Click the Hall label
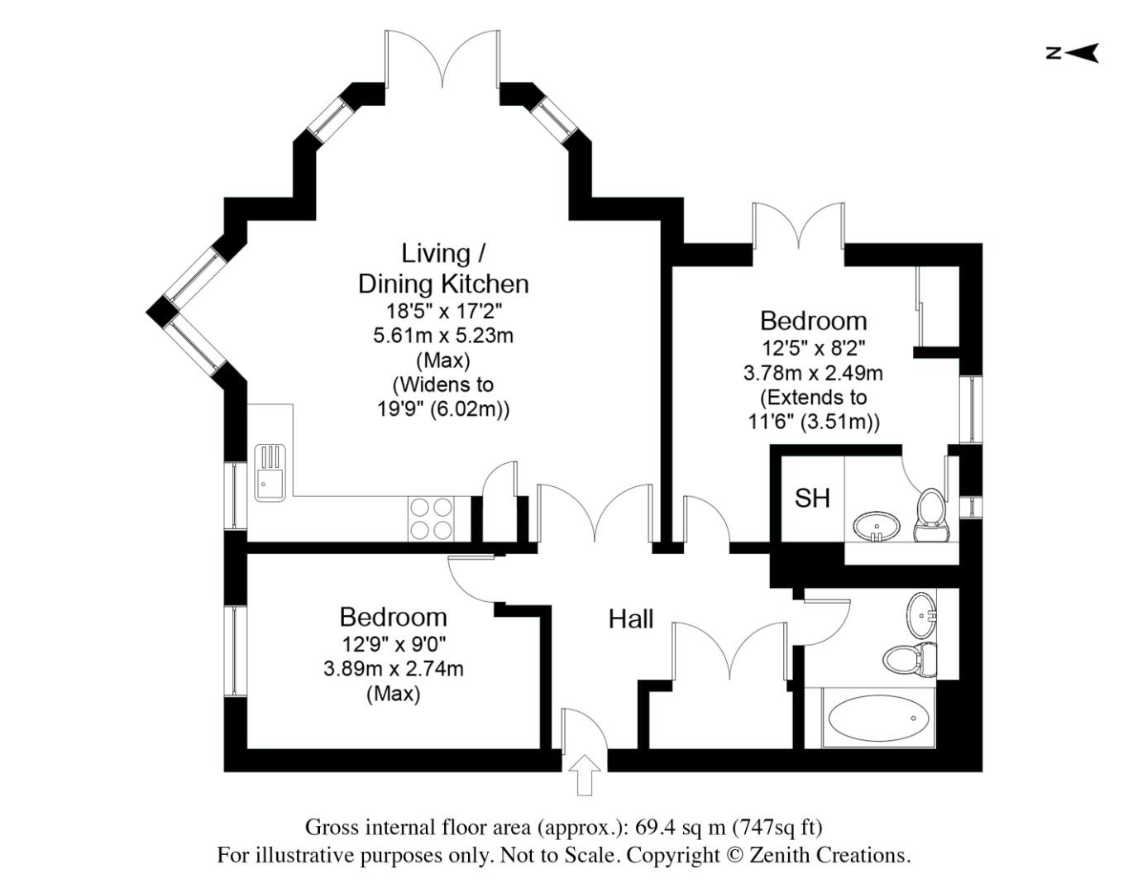click(630, 619)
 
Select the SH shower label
click(812, 498)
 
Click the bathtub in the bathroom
click(878, 718)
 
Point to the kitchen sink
click(270, 473)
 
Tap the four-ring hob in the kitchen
click(432, 518)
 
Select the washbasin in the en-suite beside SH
click(877, 526)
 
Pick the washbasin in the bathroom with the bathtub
click(921, 613)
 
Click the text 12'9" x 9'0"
click(394, 643)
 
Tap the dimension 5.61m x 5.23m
click(443, 336)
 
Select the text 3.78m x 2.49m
click(813, 373)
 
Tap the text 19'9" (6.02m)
click(443, 408)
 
